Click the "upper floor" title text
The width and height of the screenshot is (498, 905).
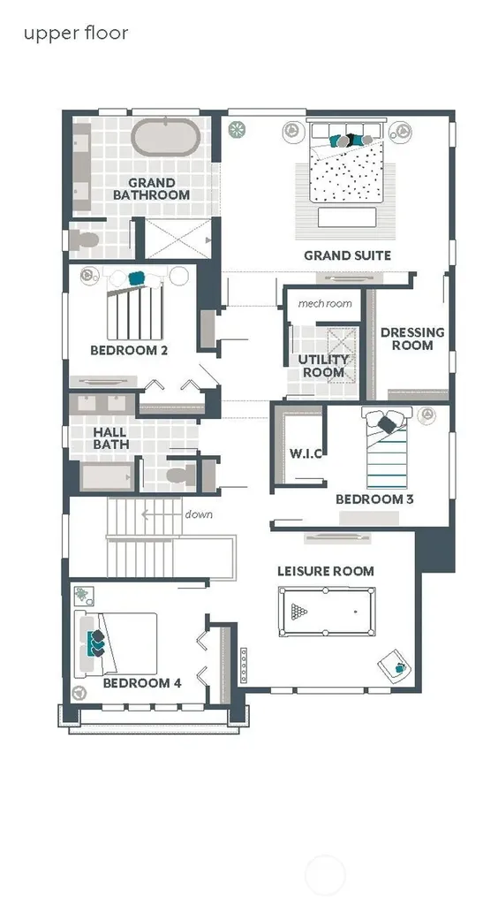click(x=76, y=33)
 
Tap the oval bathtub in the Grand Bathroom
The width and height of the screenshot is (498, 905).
click(x=166, y=137)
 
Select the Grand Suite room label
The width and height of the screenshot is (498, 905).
click(x=348, y=255)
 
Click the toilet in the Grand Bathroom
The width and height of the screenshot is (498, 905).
click(x=84, y=239)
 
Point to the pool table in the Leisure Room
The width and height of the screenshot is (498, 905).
click(x=326, y=612)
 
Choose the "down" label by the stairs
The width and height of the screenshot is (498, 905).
click(x=199, y=514)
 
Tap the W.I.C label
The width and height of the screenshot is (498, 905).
click(x=306, y=453)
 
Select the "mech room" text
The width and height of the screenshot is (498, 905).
click(x=325, y=303)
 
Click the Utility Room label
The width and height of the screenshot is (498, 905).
click(x=324, y=366)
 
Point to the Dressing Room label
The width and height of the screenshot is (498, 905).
click(x=412, y=338)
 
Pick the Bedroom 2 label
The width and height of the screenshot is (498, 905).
click(x=129, y=350)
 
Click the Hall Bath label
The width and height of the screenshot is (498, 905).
click(x=111, y=438)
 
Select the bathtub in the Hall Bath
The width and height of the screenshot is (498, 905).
click(x=107, y=476)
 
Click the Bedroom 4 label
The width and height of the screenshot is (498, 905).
click(x=142, y=683)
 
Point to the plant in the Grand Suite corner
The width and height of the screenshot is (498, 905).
click(x=237, y=129)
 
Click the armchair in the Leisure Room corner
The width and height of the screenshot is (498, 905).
click(x=396, y=666)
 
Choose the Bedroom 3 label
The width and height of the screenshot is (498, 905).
click(x=374, y=499)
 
